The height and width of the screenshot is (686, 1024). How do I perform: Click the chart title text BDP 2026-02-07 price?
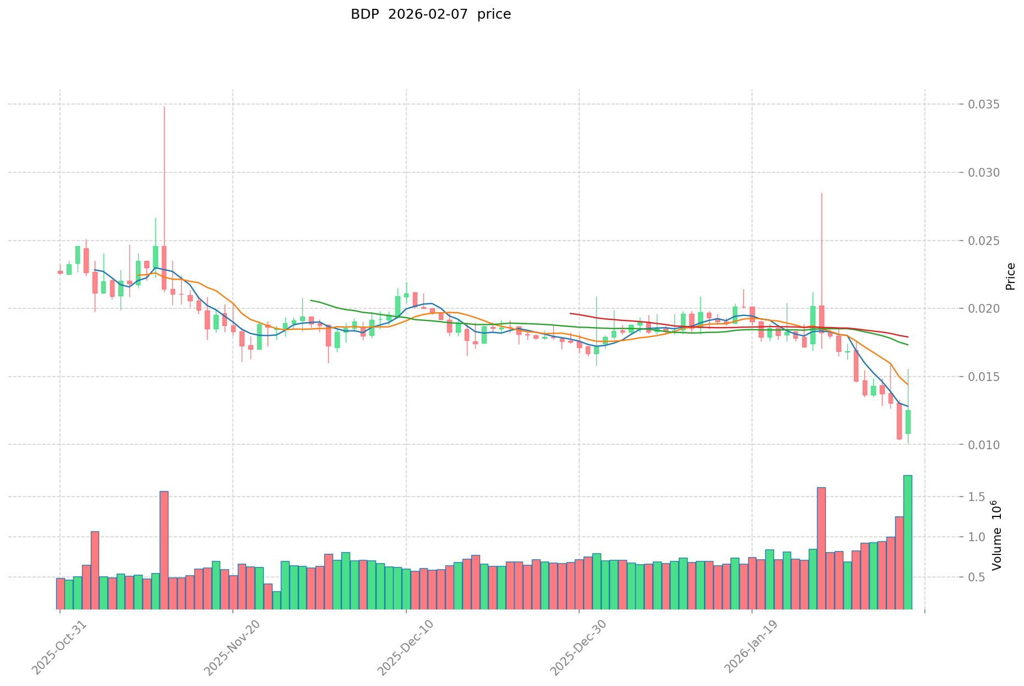coord(431,14)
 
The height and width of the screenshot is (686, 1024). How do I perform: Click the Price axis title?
coord(1010,276)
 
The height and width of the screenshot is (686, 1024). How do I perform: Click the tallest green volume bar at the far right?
coord(908,542)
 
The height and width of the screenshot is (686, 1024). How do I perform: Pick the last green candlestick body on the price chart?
coord(908,422)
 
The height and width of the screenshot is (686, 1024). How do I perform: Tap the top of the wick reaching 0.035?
coord(164,107)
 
